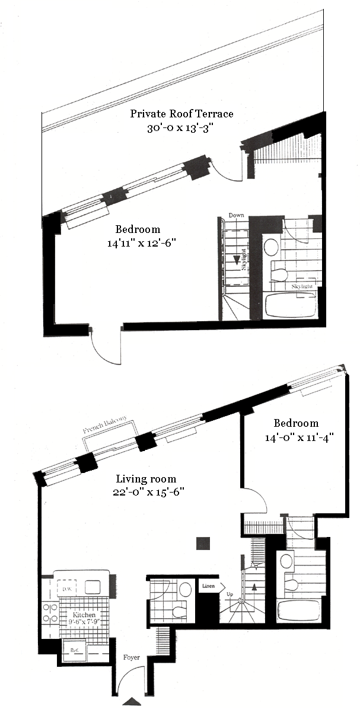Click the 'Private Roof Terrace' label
click(x=181, y=114)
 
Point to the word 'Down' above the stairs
click(x=237, y=215)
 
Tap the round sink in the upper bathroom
click(x=272, y=247)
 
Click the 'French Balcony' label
click(x=106, y=423)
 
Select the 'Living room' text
click(x=146, y=478)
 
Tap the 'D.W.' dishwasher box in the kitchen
click(x=64, y=589)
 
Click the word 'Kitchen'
click(x=76, y=616)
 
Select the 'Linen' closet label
click(x=208, y=586)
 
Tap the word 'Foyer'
click(x=132, y=657)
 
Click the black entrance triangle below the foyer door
click(x=132, y=702)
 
